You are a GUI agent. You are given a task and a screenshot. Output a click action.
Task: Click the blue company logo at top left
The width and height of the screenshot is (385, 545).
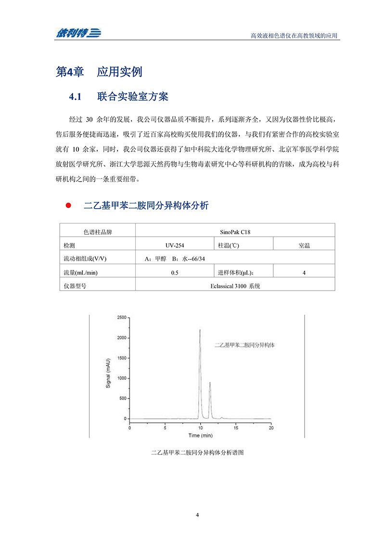(77, 33)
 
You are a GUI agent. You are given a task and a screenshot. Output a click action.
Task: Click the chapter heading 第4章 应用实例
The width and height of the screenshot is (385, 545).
(99, 72)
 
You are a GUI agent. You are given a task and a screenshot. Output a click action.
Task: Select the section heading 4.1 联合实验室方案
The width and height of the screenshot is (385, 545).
(118, 97)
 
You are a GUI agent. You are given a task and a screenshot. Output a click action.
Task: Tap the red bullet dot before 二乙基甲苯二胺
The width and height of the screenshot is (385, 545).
(68, 206)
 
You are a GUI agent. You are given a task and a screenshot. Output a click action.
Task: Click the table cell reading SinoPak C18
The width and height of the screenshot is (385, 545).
(235, 232)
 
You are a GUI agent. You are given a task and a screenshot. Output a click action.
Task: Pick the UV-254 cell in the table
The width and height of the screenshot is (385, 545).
(175, 245)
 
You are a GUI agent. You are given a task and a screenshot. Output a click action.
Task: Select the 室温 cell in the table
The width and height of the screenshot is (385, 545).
(304, 245)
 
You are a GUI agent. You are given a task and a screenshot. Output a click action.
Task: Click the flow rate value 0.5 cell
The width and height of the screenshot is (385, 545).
(175, 272)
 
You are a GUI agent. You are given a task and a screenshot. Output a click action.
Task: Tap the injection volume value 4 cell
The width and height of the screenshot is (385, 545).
(304, 272)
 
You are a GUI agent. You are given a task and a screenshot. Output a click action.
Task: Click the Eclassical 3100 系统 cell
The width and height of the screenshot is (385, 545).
(235, 286)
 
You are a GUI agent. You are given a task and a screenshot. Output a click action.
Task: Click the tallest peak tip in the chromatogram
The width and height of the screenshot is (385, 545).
(200, 330)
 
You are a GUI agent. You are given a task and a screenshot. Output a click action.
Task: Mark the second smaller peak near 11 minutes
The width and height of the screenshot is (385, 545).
(210, 383)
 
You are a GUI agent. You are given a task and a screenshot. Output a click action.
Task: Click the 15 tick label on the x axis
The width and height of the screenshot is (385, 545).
(235, 427)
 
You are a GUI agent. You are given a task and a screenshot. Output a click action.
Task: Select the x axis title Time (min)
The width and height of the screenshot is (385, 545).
(200, 435)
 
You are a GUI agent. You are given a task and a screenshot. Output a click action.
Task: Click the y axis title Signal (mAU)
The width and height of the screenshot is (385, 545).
(108, 372)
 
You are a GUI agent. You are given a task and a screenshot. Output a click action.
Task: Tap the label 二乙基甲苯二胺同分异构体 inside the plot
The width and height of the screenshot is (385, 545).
(247, 346)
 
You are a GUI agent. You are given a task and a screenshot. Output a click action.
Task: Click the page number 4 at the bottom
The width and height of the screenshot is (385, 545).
(197, 515)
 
